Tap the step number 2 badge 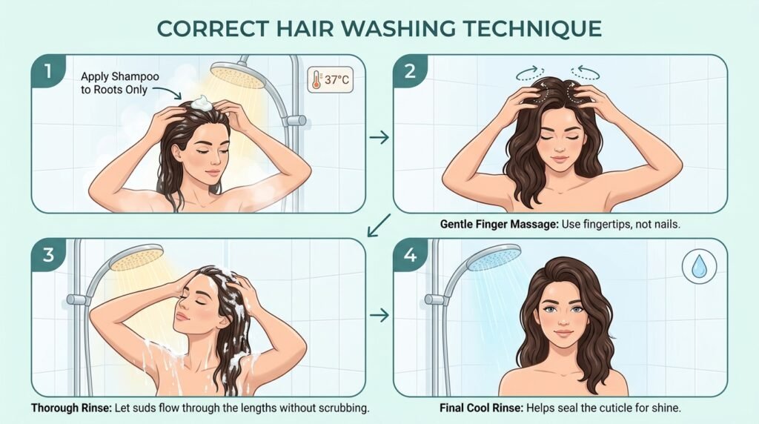click(x=409, y=70)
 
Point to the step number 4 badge click(x=409, y=254)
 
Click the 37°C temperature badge click(x=330, y=79)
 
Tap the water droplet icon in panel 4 click(x=699, y=266)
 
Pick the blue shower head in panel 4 click(x=493, y=256)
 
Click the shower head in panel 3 click(x=136, y=256)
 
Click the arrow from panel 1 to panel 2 click(x=379, y=137)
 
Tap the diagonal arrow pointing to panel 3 click(x=379, y=225)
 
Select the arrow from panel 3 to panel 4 click(x=379, y=315)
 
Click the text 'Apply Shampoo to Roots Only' click(x=119, y=83)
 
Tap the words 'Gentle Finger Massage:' click(x=499, y=225)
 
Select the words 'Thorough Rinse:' click(x=71, y=408)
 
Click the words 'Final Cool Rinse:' click(x=481, y=408)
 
